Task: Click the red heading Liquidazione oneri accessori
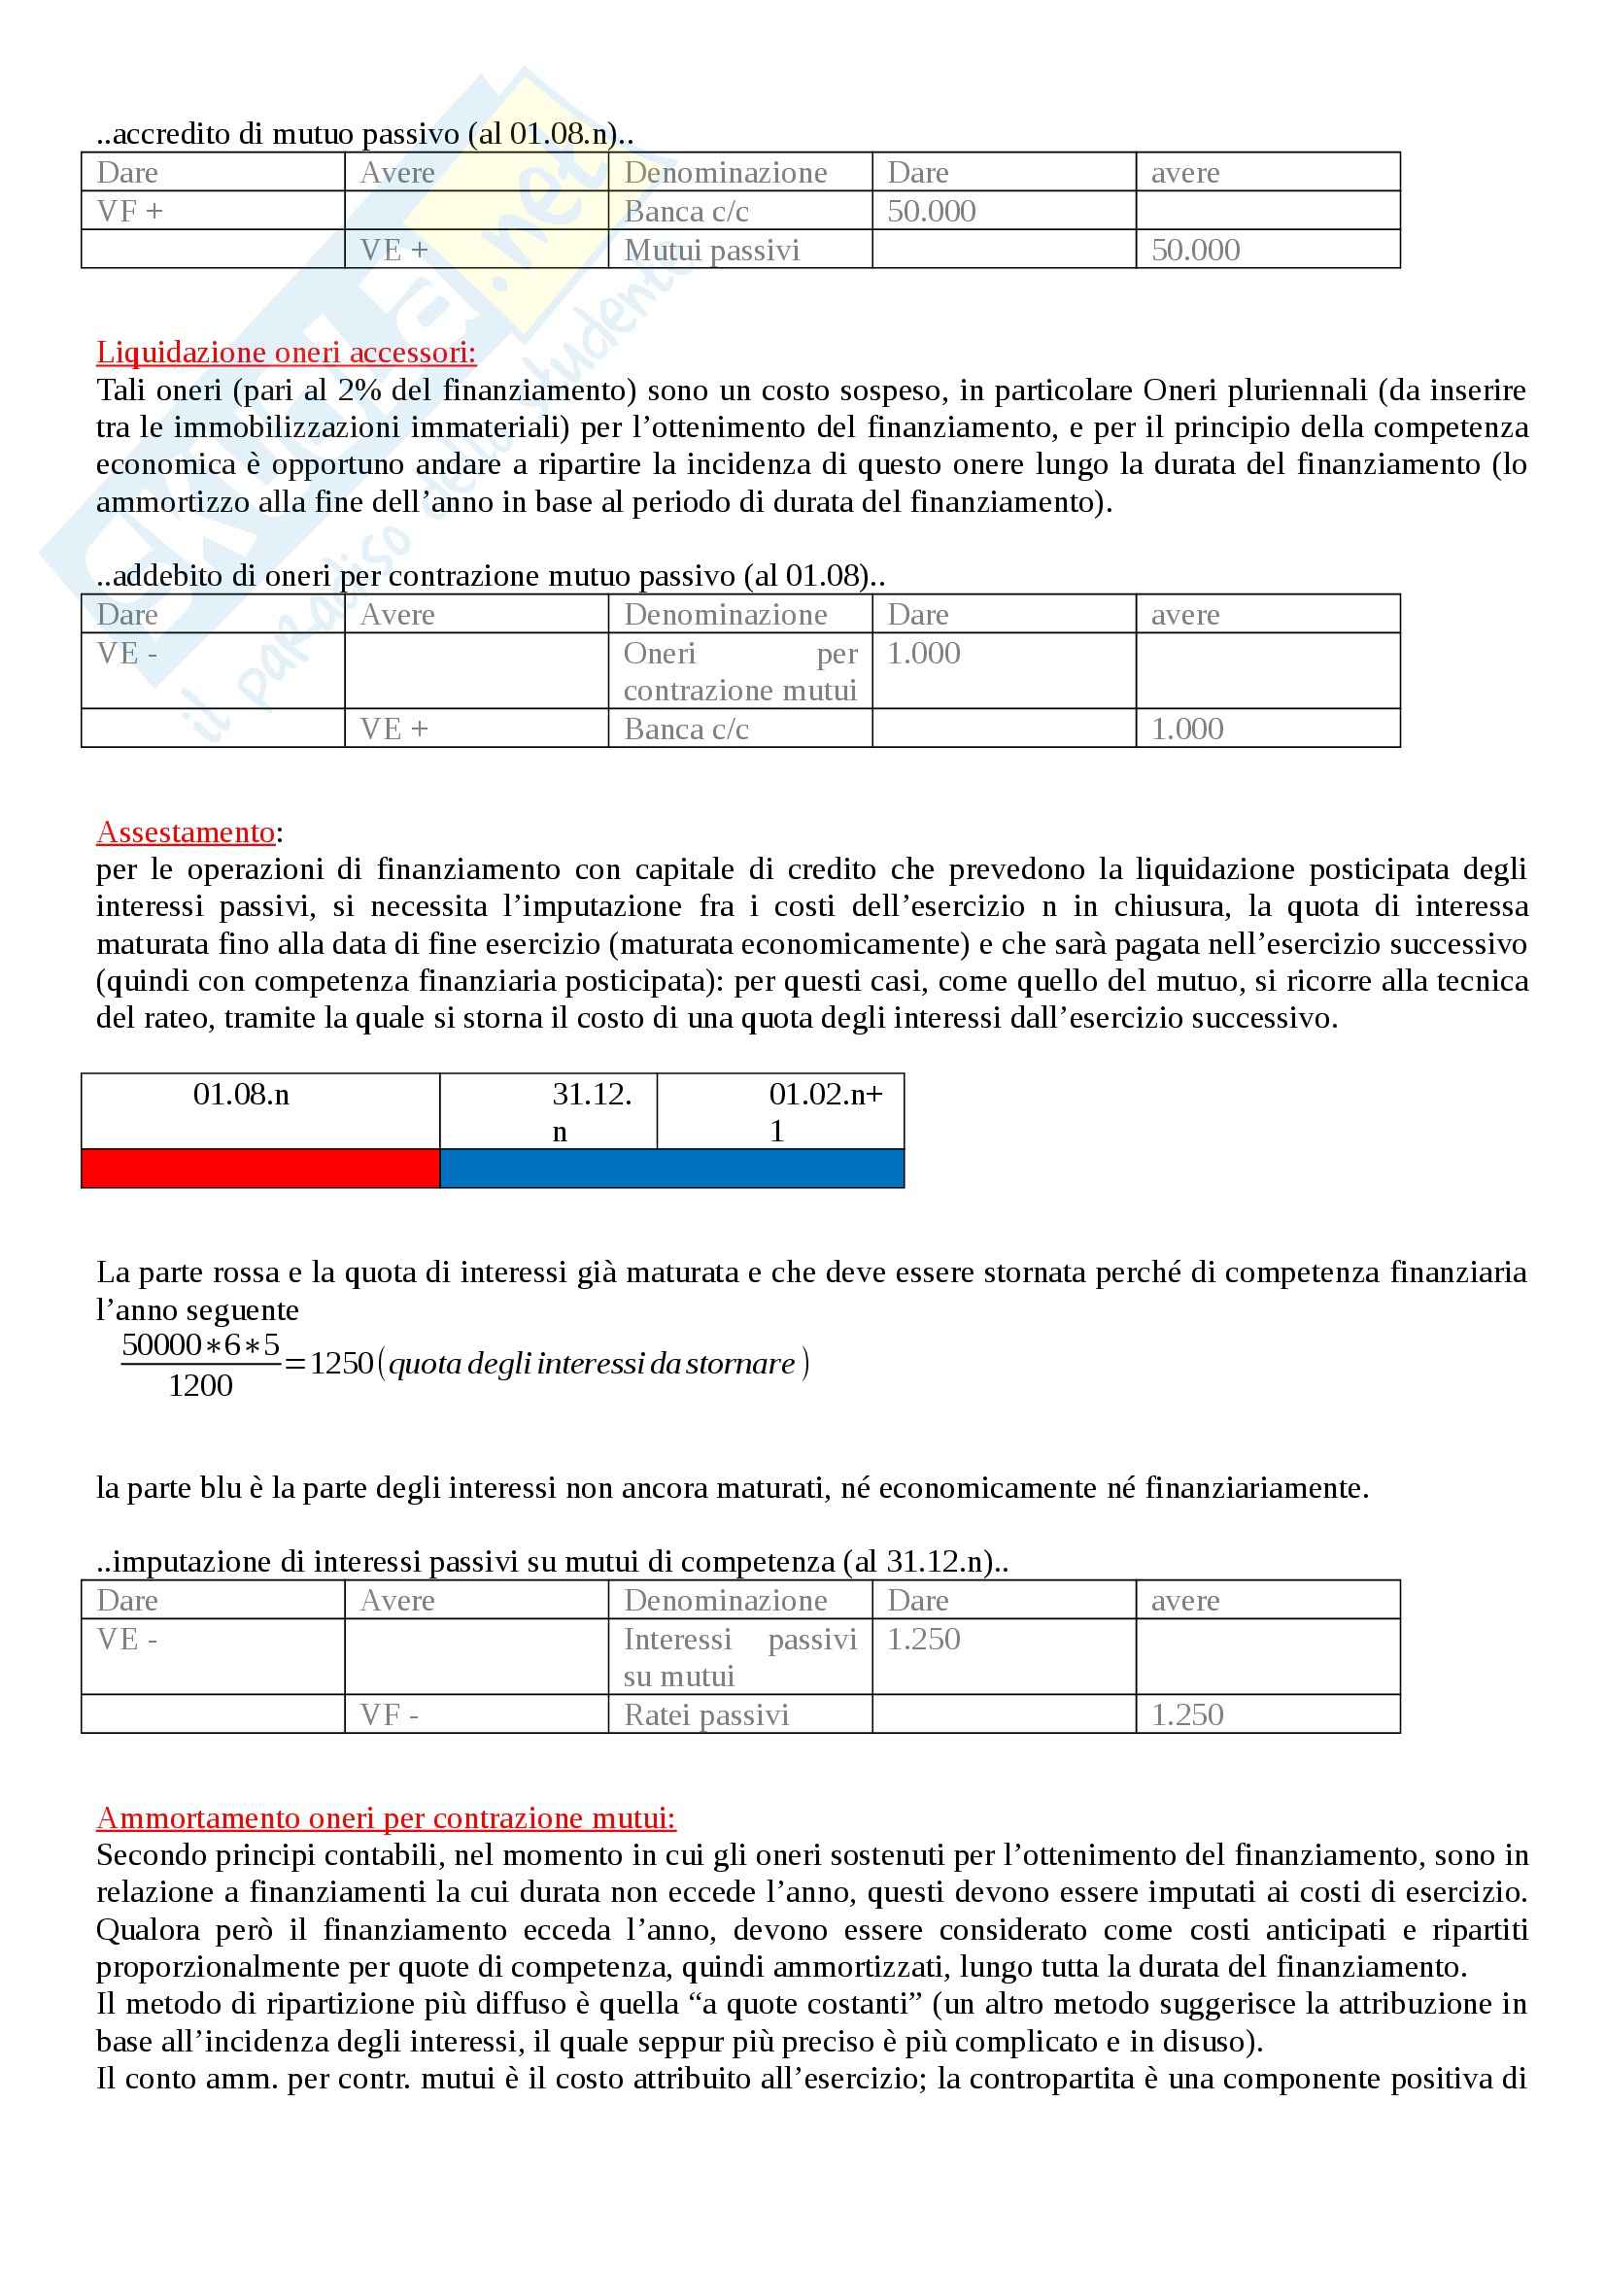pos(286,353)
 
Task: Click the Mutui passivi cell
pos(711,251)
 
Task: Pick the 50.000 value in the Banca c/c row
pos(931,211)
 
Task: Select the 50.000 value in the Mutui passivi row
pos(1195,251)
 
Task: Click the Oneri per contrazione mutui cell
pos(739,671)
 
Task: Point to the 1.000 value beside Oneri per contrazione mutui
pos(923,653)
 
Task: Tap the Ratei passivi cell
pos(706,1713)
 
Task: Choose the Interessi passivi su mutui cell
pos(739,1656)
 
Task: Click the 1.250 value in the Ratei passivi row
pos(1187,1713)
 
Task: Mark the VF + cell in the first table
pos(129,211)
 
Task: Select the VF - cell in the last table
pos(389,1713)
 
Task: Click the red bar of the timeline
pos(260,1168)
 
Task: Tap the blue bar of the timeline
pos(671,1168)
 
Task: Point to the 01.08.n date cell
pos(242,1095)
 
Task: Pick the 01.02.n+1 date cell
pos(824,1111)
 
